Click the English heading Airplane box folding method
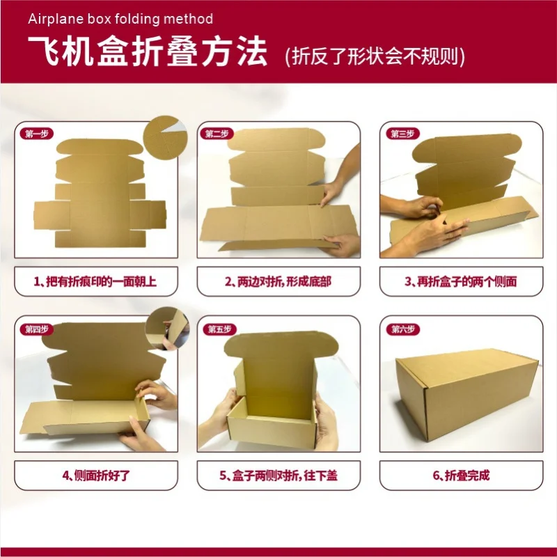120,19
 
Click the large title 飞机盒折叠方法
147,52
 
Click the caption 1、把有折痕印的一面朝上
96,282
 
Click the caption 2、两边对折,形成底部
278,282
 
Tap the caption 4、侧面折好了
96,476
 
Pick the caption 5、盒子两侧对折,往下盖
278,476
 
